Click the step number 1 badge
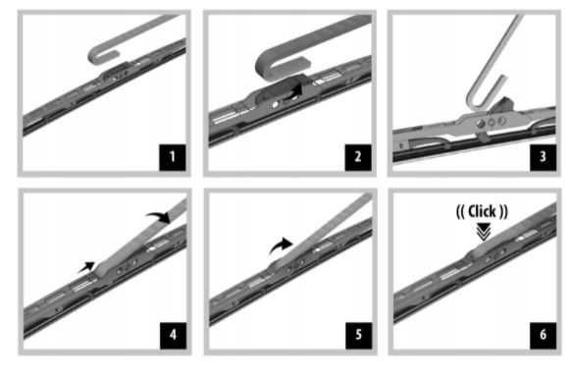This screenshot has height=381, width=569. [173, 157]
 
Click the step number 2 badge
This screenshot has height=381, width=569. [358, 157]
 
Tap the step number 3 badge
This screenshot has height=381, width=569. [543, 157]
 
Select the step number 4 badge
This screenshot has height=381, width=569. [173, 335]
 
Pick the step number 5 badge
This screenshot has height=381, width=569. [358, 335]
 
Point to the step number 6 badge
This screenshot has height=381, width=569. [543, 335]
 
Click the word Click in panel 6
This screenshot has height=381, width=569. [482, 211]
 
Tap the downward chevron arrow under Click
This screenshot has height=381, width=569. [484, 232]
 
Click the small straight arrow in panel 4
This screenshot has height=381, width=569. [86, 267]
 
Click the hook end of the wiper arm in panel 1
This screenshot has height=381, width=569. [102, 54]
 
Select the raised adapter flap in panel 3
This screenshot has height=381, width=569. [503, 104]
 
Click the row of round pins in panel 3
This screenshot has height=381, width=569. [491, 123]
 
